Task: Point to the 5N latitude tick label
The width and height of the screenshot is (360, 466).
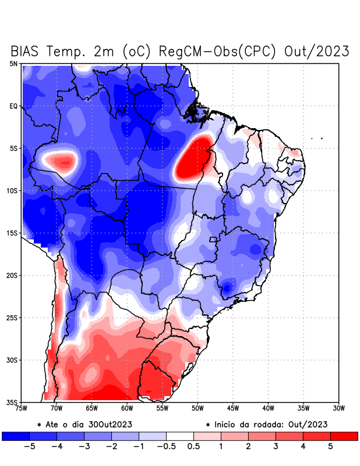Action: click(13, 63)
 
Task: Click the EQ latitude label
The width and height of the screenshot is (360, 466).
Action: click(13, 106)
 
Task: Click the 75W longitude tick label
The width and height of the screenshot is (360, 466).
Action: click(21, 408)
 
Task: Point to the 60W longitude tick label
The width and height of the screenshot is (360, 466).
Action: click(127, 408)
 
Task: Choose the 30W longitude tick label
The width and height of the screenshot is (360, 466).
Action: click(339, 408)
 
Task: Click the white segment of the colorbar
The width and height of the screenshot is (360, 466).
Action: click(180, 436)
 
